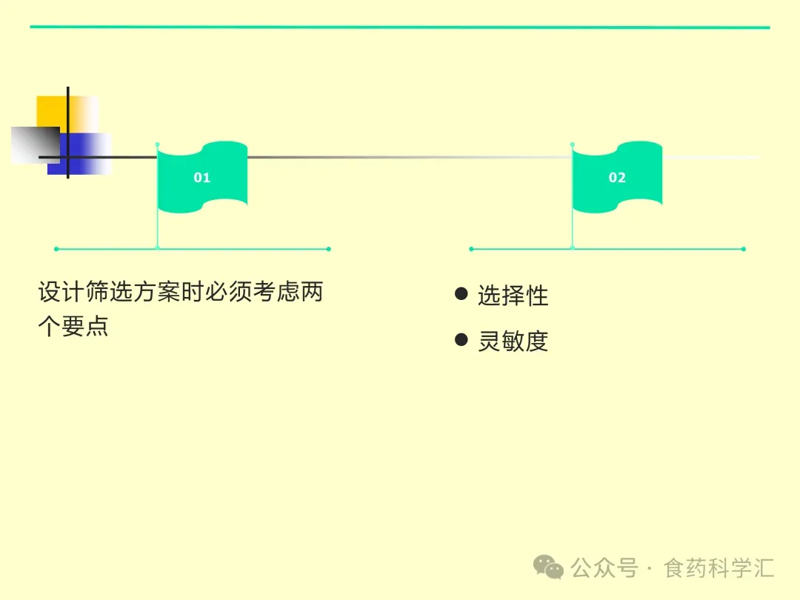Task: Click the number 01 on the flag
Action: point(201,178)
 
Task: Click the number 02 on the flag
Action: point(617,178)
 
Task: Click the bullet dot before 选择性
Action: point(461,294)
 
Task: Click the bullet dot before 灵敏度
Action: point(461,340)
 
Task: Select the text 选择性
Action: point(513,296)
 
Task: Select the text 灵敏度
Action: point(513,341)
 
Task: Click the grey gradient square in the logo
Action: point(34,144)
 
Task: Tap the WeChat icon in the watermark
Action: point(549,568)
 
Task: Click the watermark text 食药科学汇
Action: point(719,568)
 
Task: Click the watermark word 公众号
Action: point(604,568)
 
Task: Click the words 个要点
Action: point(73,327)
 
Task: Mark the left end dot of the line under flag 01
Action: point(56,249)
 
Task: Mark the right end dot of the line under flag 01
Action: point(329,249)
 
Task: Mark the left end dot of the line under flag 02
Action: point(471,249)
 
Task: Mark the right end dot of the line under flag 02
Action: point(744,249)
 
